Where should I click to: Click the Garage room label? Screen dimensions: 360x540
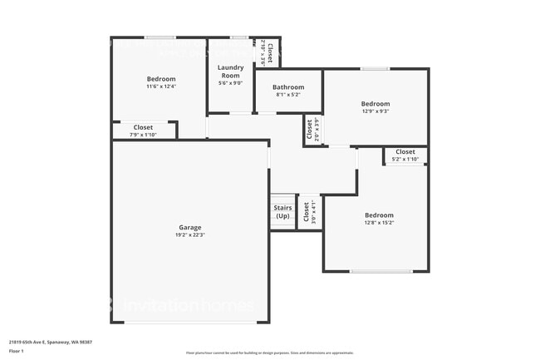point(189,227)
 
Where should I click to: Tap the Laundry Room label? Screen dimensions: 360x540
point(229,71)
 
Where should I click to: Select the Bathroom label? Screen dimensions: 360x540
point(288,86)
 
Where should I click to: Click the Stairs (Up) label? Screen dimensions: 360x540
point(282,211)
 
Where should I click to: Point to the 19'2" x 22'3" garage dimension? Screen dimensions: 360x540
point(189,235)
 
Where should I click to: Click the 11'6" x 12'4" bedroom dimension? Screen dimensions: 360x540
point(161,86)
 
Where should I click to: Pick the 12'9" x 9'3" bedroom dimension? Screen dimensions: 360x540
point(376,111)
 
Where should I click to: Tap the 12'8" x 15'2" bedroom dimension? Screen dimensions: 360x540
point(378,222)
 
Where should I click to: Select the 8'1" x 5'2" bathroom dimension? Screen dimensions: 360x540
point(288,94)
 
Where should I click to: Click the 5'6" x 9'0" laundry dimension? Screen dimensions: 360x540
point(229,82)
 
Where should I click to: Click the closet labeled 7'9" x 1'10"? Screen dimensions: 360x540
point(143,131)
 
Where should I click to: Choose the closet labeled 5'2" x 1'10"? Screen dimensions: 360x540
point(405,155)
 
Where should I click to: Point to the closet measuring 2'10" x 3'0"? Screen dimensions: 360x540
point(266,52)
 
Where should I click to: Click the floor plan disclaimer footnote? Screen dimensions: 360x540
point(269,353)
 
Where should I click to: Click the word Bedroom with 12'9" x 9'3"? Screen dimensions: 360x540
point(376,103)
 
